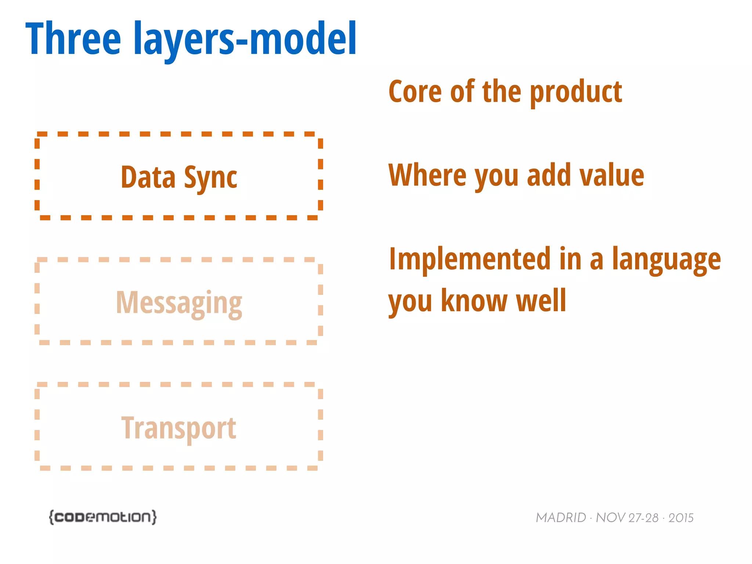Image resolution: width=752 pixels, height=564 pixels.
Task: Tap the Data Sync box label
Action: pos(179,177)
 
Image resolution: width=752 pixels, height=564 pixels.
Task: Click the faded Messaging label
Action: pos(179,303)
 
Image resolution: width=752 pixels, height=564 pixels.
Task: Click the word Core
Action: pos(415,92)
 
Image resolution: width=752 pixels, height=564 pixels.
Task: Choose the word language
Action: pos(666,260)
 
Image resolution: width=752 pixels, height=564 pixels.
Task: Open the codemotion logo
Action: pos(103,517)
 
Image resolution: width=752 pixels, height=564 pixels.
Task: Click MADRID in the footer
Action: pos(561,518)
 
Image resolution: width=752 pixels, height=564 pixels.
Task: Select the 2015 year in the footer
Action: pos(681,518)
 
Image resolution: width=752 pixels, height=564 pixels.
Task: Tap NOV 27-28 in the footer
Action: pos(627,518)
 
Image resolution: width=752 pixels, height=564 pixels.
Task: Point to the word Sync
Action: pos(210,178)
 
